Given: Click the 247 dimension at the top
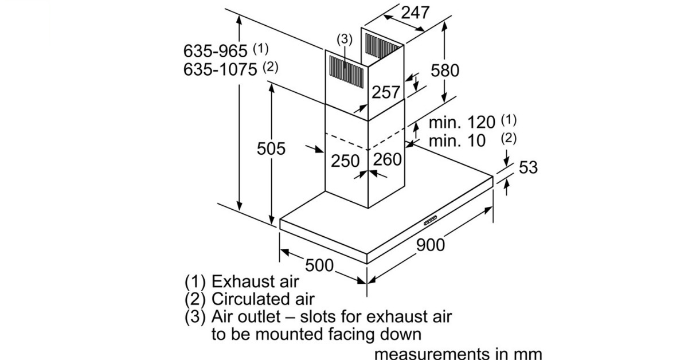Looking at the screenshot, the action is [x=415, y=12].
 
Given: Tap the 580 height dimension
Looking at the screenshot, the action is [x=445, y=70].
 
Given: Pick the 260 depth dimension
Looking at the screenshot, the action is [x=388, y=159].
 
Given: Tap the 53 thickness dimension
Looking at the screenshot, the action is [x=528, y=167].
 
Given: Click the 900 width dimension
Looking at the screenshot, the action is [x=430, y=245].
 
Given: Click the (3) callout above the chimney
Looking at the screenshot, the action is [x=344, y=39].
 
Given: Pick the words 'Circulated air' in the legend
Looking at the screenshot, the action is [x=263, y=299].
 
